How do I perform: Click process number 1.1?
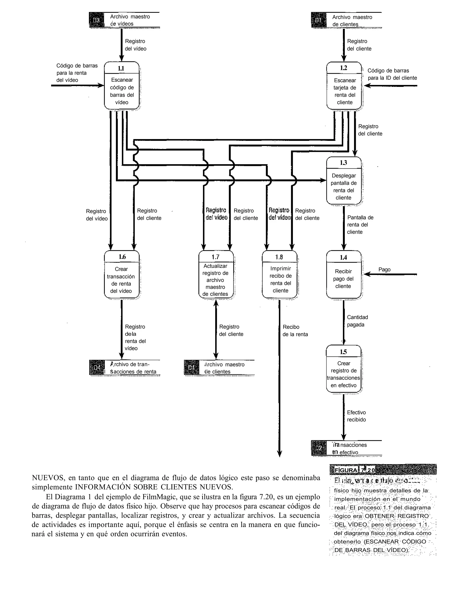click(121, 68)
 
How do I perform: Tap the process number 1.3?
click(343, 163)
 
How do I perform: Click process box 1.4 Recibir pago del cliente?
click(344, 275)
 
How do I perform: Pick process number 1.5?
click(343, 352)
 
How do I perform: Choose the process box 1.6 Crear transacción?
click(122, 275)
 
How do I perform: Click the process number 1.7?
click(215, 257)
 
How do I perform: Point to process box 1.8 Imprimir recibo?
click(280, 275)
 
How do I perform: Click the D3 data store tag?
click(97, 20)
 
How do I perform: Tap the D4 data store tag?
click(97, 368)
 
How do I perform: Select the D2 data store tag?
click(318, 448)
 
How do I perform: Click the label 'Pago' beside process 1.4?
click(384, 270)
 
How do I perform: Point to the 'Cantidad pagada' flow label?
click(357, 321)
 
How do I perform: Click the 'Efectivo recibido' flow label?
click(356, 416)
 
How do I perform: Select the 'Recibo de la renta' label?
click(295, 331)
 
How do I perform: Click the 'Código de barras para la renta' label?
click(77, 73)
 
